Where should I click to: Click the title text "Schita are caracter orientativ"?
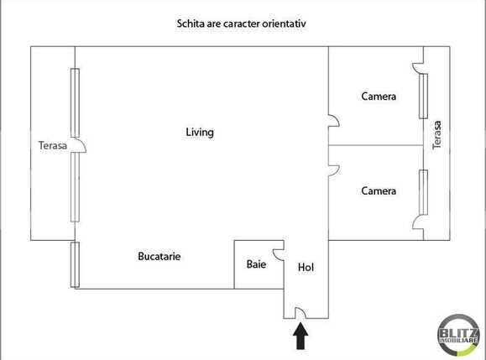[x=242, y=24]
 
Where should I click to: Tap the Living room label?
[x=200, y=133]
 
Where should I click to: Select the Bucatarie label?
[x=159, y=256]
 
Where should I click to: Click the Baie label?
[x=256, y=264]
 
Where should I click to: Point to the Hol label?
[x=306, y=268]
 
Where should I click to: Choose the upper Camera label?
[x=379, y=97]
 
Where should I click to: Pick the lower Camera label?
[x=379, y=191]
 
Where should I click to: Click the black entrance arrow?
[x=300, y=337]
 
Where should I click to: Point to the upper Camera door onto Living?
[x=333, y=123]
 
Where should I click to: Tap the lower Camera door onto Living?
[x=333, y=170]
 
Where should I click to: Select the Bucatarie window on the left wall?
[x=75, y=264]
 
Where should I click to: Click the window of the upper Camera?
[x=424, y=94]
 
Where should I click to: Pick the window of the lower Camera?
[x=424, y=190]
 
